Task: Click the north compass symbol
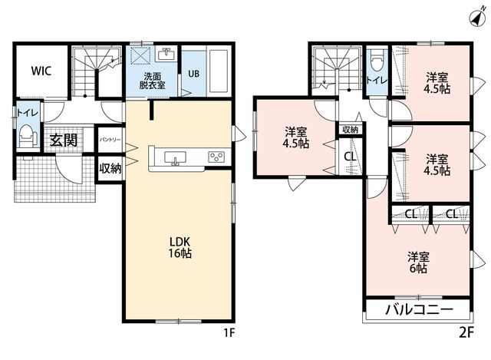[x=477, y=18]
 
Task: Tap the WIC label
[x=41, y=71]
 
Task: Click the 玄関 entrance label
[x=64, y=140]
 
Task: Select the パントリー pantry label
[x=110, y=140]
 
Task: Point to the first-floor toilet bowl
[x=28, y=136]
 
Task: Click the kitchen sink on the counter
[x=175, y=158]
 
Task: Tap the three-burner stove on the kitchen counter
[x=216, y=157]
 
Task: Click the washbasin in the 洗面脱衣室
[x=166, y=54]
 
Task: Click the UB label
[x=193, y=74]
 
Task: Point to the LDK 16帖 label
[x=180, y=247]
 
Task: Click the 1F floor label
[x=229, y=332]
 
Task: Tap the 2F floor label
[x=466, y=332]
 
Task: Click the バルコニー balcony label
[x=420, y=309]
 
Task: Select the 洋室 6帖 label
[x=418, y=263]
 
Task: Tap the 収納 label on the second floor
[x=350, y=130]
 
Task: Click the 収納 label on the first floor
[x=110, y=169]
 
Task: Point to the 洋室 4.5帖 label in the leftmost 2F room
[x=295, y=137]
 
